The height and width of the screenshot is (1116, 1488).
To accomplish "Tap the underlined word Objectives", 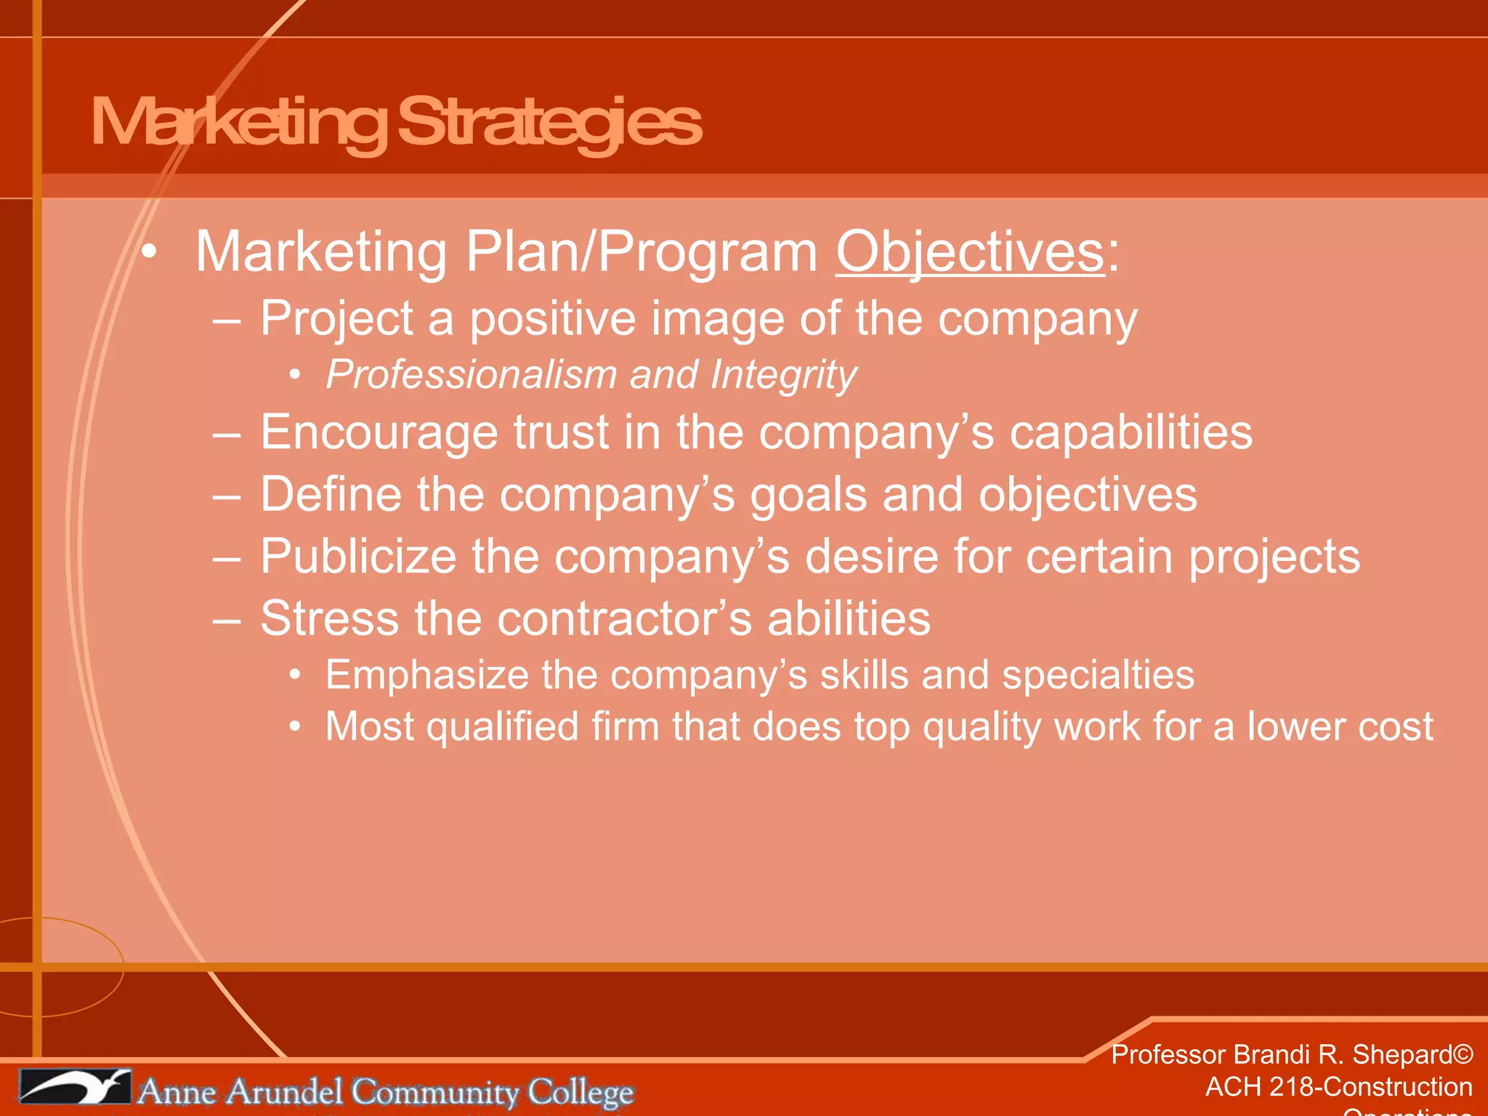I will point(970,252).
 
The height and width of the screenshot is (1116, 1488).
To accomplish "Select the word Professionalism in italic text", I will point(471,375).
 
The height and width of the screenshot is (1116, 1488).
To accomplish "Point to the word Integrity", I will point(783,375).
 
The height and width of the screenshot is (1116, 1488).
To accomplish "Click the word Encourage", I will point(379,432).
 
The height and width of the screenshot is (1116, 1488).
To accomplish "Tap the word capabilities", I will point(1131,432).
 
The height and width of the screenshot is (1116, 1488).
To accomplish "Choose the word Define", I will point(331,495).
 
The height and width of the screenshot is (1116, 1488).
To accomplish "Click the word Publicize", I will point(358,557).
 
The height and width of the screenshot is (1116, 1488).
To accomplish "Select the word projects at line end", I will point(1274,557).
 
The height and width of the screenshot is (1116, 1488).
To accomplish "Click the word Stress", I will point(329,618).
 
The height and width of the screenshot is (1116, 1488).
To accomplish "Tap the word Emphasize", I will point(426,675).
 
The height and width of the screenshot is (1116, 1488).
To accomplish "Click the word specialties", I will point(1098,675).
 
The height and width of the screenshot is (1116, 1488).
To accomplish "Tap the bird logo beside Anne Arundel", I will point(74,1088).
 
